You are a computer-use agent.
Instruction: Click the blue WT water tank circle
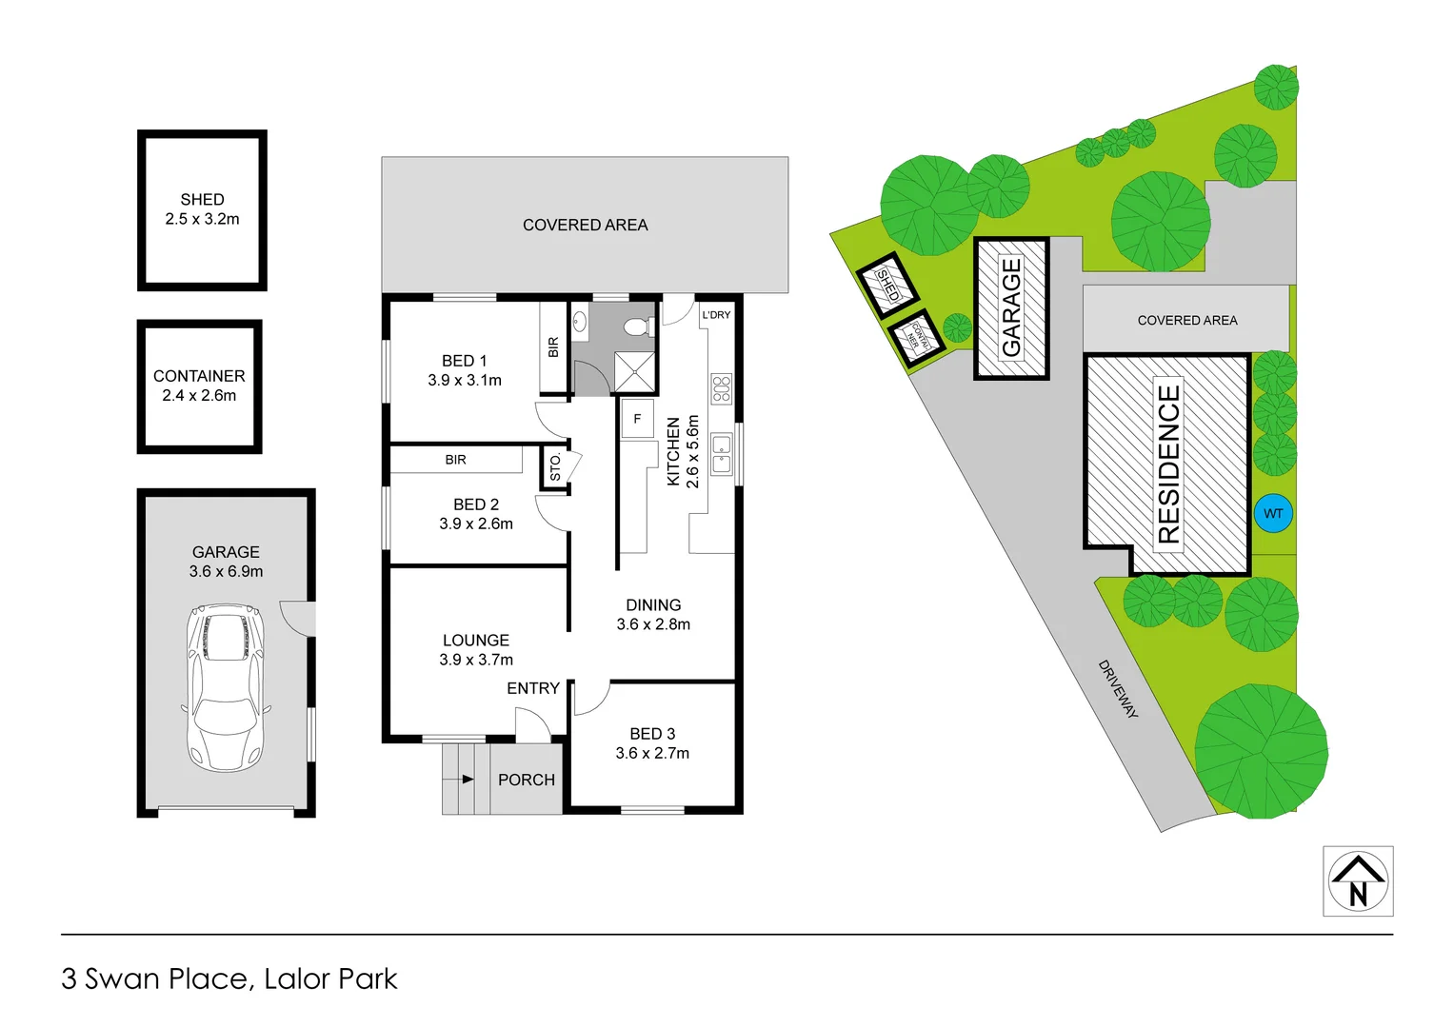[1273, 513]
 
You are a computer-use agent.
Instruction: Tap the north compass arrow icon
[1358, 880]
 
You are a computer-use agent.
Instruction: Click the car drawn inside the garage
[225, 687]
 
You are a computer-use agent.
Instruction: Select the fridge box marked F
[637, 419]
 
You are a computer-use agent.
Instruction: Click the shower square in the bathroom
[634, 372]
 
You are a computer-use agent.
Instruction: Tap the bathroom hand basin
[579, 322]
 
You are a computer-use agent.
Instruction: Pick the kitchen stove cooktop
[721, 388]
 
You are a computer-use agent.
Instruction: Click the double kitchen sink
[721, 454]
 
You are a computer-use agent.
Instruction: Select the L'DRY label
[716, 315]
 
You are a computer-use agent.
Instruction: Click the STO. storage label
[555, 467]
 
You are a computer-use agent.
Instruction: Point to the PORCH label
[527, 780]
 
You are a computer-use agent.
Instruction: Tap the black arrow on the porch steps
[468, 779]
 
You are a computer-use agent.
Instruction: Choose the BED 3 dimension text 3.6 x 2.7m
[652, 753]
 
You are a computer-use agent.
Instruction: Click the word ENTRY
[533, 688]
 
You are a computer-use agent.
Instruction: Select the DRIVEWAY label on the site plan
[1118, 688]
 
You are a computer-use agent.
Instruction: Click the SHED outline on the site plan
[887, 285]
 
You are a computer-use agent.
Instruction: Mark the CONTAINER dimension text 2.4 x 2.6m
[199, 395]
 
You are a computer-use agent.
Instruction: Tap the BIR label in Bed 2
[456, 460]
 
